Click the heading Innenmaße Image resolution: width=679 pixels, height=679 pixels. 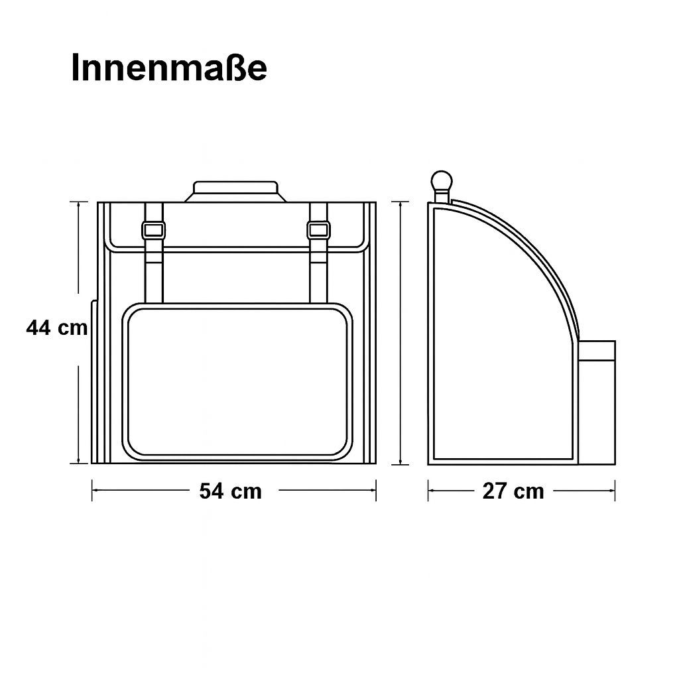pos(169,68)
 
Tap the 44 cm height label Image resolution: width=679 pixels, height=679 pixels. pos(57,328)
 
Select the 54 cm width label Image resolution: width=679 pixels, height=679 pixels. pos(230,491)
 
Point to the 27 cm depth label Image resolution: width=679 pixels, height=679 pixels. pos(513,491)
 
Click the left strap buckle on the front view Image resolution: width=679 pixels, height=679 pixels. pos(154,230)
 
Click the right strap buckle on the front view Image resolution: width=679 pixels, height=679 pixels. pos(318,230)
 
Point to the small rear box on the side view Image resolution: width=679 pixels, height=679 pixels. pos(596,402)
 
